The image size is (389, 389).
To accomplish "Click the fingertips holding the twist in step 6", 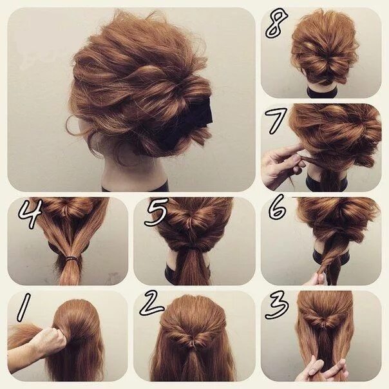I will (317, 278).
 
